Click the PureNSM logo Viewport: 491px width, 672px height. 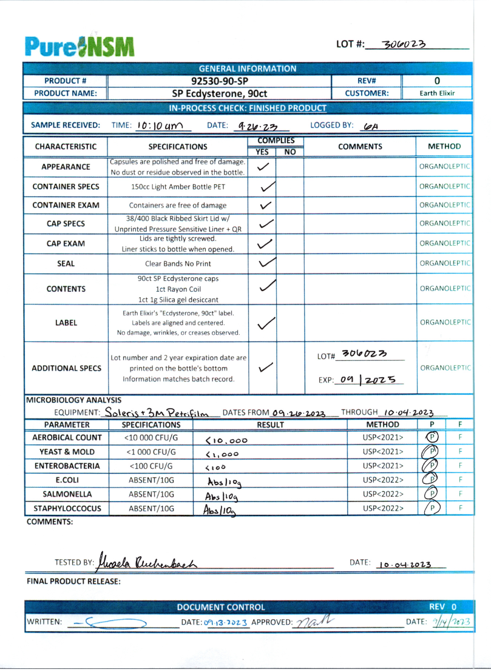(x=80, y=46)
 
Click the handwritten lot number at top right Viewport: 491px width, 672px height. (x=405, y=44)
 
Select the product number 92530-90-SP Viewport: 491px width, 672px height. (x=218, y=81)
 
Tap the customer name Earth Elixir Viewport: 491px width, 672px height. (x=437, y=93)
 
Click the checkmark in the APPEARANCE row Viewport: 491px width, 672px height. (x=263, y=167)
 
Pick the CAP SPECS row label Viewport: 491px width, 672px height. (x=66, y=224)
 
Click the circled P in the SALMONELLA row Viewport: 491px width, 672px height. (x=432, y=494)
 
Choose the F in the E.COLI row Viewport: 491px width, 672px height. (x=461, y=480)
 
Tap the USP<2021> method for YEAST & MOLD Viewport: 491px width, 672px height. (x=383, y=452)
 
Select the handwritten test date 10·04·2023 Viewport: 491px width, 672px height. (x=404, y=564)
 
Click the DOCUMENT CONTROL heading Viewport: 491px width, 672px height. (x=221, y=607)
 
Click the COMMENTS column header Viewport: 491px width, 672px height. (x=360, y=146)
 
